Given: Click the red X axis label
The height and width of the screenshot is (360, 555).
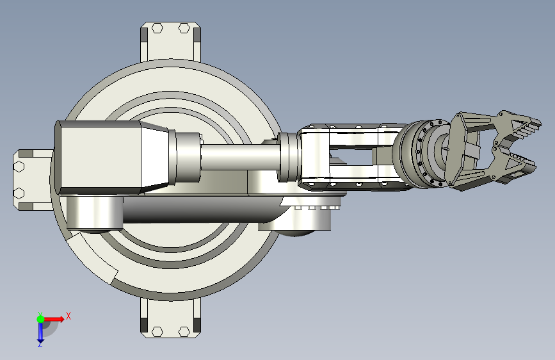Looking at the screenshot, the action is coord(68,316).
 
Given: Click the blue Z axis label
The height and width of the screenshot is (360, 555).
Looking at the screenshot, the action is coord(40,344).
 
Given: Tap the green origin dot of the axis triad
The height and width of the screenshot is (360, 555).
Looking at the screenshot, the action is coord(40,319).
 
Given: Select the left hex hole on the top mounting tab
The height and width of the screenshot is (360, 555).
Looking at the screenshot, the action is coord(157,28).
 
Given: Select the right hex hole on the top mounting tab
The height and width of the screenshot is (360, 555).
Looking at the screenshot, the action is coord(184,28).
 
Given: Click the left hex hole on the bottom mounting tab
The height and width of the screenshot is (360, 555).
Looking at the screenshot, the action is coord(157,332).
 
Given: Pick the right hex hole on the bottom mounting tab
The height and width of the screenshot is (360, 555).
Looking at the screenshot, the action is coord(184,332).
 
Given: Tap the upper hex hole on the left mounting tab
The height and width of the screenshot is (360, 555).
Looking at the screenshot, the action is coord(19,167).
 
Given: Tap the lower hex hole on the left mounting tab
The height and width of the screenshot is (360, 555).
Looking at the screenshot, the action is coord(19,193).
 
